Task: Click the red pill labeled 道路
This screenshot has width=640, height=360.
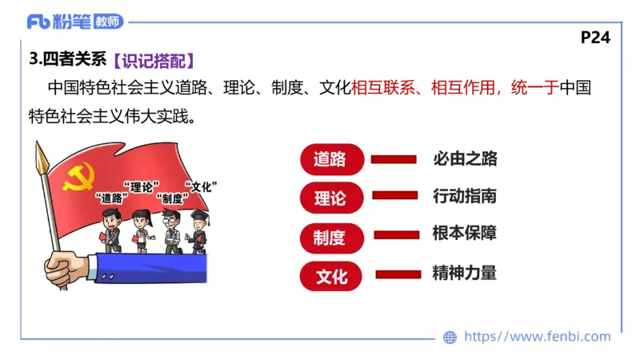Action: pos(332,158)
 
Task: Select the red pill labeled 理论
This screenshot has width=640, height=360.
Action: pos(332,198)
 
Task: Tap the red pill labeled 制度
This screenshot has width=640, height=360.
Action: pos(332,237)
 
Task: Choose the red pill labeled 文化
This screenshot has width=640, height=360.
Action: pos(332,277)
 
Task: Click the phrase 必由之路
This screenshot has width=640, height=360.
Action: pos(465,158)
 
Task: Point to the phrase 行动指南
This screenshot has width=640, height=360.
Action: pos(465,196)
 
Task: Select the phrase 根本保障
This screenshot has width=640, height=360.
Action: pos(465,234)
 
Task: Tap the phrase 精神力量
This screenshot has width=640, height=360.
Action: pos(465,273)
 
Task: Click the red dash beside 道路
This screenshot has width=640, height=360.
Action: pos(394,158)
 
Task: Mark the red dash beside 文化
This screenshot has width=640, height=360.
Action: pos(398,274)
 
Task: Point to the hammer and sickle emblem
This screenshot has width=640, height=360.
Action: pos(78,178)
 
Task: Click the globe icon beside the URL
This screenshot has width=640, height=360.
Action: pos(450,337)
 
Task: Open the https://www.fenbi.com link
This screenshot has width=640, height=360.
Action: pos(537,337)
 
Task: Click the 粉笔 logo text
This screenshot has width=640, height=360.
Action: pos(71,22)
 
